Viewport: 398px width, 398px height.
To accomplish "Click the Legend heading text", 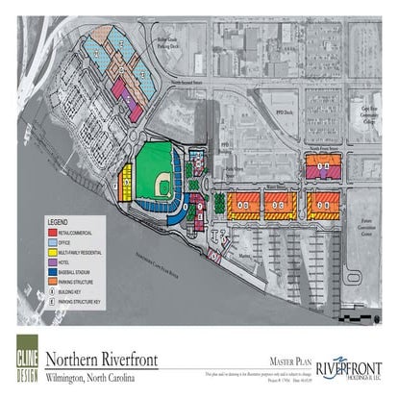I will (59, 221).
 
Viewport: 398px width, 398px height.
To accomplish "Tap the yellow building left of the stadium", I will (125, 182).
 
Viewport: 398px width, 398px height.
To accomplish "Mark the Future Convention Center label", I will (361, 227).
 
